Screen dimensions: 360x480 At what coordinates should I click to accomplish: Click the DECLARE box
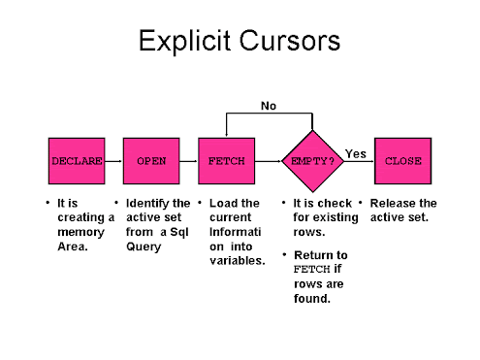tap(76, 161)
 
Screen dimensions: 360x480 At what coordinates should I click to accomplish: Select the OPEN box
tap(151, 161)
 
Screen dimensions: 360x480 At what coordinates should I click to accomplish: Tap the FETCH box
tap(226, 161)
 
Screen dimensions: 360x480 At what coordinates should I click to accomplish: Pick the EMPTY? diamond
tap(312, 161)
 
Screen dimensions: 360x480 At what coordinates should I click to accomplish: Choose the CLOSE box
tap(402, 161)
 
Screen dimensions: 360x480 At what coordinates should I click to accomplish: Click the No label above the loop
tap(268, 104)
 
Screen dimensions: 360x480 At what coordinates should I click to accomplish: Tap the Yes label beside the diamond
tap(356, 153)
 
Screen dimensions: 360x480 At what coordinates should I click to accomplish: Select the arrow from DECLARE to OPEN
tap(113, 161)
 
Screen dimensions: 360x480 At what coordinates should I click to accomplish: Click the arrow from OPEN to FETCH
tap(188, 161)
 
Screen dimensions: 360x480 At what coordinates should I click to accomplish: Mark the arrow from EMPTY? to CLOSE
tap(360, 162)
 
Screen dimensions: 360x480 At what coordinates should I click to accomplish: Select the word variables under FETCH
tap(238, 261)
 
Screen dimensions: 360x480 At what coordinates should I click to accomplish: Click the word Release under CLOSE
tap(392, 204)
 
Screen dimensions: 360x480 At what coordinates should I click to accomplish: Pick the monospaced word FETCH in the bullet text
tap(306, 270)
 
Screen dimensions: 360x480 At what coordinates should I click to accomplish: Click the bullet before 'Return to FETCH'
tap(283, 255)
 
